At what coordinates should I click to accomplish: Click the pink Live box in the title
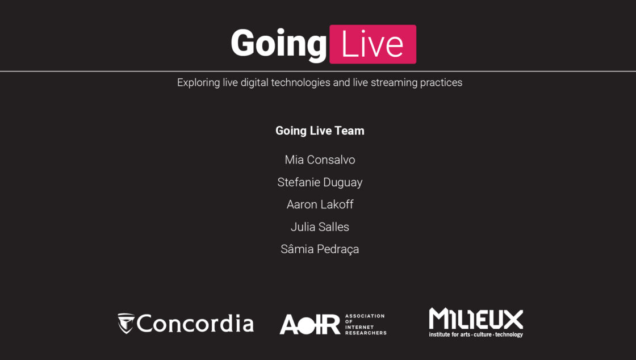pyautogui.click(x=373, y=44)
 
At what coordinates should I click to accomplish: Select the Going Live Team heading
pyautogui.click(x=320, y=131)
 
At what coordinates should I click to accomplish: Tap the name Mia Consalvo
pyautogui.click(x=320, y=160)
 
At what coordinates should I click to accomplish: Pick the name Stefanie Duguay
pyautogui.click(x=320, y=182)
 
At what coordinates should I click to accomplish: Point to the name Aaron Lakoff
pyautogui.click(x=320, y=204)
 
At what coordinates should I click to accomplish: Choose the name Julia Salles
pyautogui.click(x=320, y=227)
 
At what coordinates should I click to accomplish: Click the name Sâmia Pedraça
pyautogui.click(x=320, y=249)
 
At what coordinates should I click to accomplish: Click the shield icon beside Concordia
pyautogui.click(x=125, y=323)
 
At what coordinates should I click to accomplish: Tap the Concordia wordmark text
pyautogui.click(x=195, y=323)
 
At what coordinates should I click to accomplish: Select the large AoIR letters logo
pyautogui.click(x=310, y=324)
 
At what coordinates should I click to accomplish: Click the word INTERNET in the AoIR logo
pyautogui.click(x=359, y=327)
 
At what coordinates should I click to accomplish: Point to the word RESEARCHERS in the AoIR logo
pyautogui.click(x=366, y=333)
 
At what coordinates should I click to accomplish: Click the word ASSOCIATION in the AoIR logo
pyautogui.click(x=365, y=316)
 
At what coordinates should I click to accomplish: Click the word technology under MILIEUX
pyautogui.click(x=509, y=334)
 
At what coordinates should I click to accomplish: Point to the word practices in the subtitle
pyautogui.click(x=441, y=83)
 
